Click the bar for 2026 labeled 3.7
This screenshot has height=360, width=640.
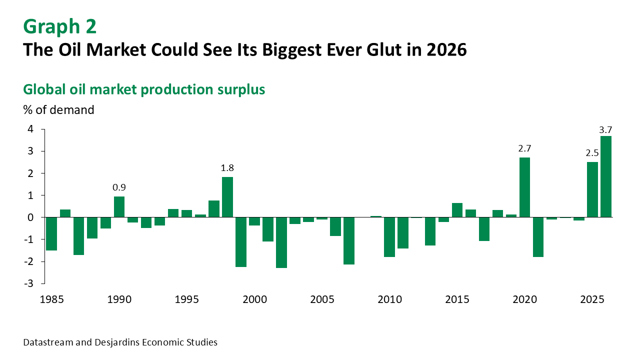pyautogui.click(x=605, y=176)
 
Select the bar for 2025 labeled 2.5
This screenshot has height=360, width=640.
pyautogui.click(x=592, y=189)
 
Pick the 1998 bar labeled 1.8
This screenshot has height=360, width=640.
pyautogui.click(x=227, y=197)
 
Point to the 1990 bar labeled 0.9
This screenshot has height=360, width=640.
pyautogui.click(x=119, y=207)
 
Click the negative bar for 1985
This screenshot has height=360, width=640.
pyautogui.click(x=51, y=233)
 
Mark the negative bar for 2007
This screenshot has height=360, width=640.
pyautogui.click(x=349, y=240)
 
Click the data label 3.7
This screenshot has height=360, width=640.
pyautogui.click(x=605, y=130)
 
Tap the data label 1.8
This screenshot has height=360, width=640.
pyautogui.click(x=227, y=168)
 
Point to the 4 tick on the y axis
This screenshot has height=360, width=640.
pyautogui.click(x=30, y=129)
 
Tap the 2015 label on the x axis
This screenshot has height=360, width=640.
pyautogui.click(x=457, y=299)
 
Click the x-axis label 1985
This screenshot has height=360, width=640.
pyautogui.click(x=51, y=299)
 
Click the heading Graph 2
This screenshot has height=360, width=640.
pyautogui.click(x=60, y=26)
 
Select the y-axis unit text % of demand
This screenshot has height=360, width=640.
pyautogui.click(x=58, y=109)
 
